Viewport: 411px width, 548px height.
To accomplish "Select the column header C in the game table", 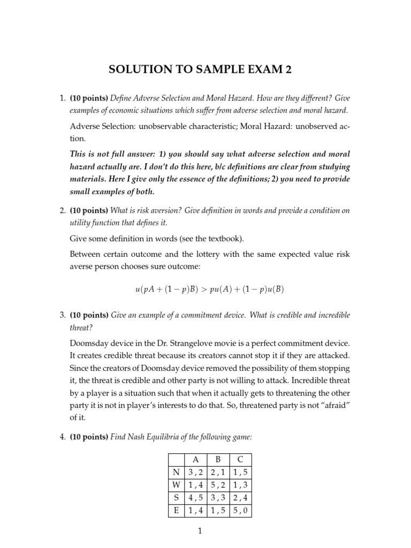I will (x=240, y=459).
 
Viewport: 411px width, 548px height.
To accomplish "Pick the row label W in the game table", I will (x=176, y=485).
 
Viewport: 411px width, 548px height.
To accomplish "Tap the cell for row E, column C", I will (x=240, y=511).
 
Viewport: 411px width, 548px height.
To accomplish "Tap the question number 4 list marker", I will (x=62, y=437).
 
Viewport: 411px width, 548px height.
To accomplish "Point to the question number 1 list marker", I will (x=62, y=98).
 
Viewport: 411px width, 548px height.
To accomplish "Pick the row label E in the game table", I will (x=176, y=511).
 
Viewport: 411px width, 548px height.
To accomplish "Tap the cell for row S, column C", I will (x=240, y=498).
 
